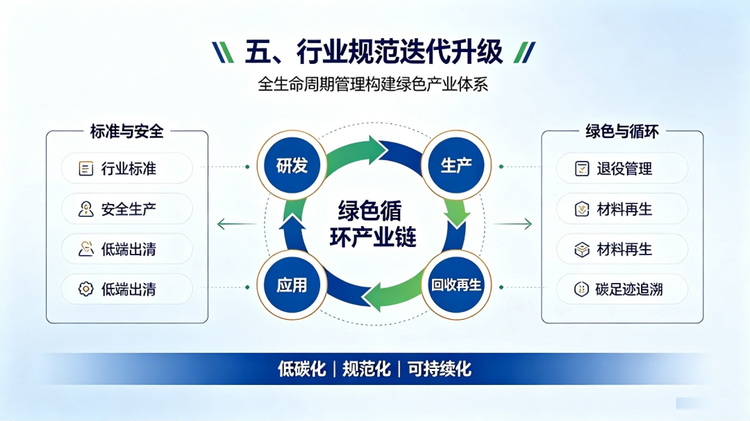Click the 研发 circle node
pos(292,165)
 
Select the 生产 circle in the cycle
pos(456,165)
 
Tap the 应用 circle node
pos(292,285)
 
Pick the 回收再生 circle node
pos(456,285)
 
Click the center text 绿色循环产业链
pos(373,223)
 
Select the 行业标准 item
pos(127,169)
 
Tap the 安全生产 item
pos(127,209)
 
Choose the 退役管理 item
pos(622,169)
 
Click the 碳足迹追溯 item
pos(622,289)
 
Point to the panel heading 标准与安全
pos(127,131)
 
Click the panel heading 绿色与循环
pos(622,131)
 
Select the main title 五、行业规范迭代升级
pos(374,51)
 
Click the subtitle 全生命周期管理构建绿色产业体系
pos(373,84)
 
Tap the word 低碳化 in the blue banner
pos(302,369)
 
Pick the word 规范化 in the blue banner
pos(367,369)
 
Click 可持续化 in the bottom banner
pos(439,369)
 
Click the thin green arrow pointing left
pos(236,223)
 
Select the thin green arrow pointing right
pos(512,223)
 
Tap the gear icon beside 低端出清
pos(86,289)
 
